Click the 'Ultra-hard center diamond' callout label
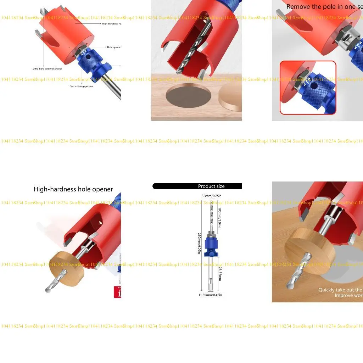(x=47, y=69)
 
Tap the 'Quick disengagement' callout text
(x=82, y=86)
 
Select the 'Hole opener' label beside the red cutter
(x=113, y=47)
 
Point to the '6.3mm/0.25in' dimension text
(x=211, y=196)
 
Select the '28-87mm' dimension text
(x=220, y=272)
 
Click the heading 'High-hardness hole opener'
(x=73, y=189)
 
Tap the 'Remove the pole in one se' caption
(x=324, y=7)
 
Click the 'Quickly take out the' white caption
(x=340, y=290)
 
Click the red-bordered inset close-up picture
(x=308, y=88)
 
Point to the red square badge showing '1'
(x=117, y=292)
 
